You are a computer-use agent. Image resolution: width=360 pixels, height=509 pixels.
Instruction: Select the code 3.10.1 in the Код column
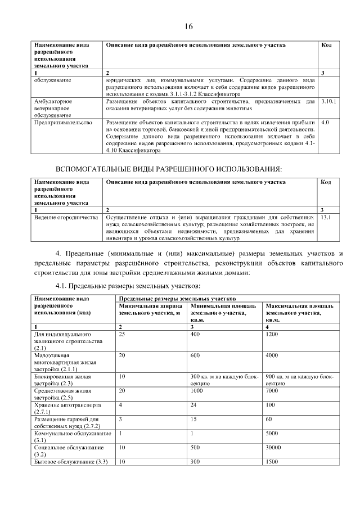(x=328, y=101)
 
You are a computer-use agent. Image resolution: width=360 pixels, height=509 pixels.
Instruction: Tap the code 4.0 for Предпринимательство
(x=325, y=121)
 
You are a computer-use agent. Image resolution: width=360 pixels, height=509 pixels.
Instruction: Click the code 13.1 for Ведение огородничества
(x=326, y=217)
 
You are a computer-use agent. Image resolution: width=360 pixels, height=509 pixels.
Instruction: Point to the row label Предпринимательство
(x=62, y=121)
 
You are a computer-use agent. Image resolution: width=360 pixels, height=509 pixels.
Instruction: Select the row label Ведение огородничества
(x=66, y=217)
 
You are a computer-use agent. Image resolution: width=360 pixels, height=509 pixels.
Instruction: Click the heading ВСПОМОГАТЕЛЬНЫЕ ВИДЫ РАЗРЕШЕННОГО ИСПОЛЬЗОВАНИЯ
(x=169, y=169)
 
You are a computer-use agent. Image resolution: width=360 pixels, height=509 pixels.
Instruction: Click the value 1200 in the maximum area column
(x=272, y=334)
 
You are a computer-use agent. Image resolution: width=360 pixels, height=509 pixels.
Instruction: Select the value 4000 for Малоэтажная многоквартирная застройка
(x=272, y=355)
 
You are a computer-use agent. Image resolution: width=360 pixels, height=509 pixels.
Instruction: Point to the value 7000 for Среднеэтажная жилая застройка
(x=272, y=390)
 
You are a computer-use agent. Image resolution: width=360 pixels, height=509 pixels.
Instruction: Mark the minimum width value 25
(x=122, y=334)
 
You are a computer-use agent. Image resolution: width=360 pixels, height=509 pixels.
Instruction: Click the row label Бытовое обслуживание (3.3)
(x=71, y=461)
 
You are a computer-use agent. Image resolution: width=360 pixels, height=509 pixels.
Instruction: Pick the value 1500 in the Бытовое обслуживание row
(x=272, y=461)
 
